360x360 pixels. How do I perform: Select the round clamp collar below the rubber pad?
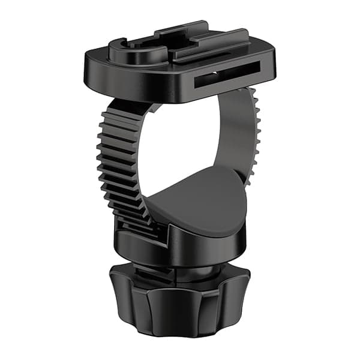(x=180, y=246)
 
